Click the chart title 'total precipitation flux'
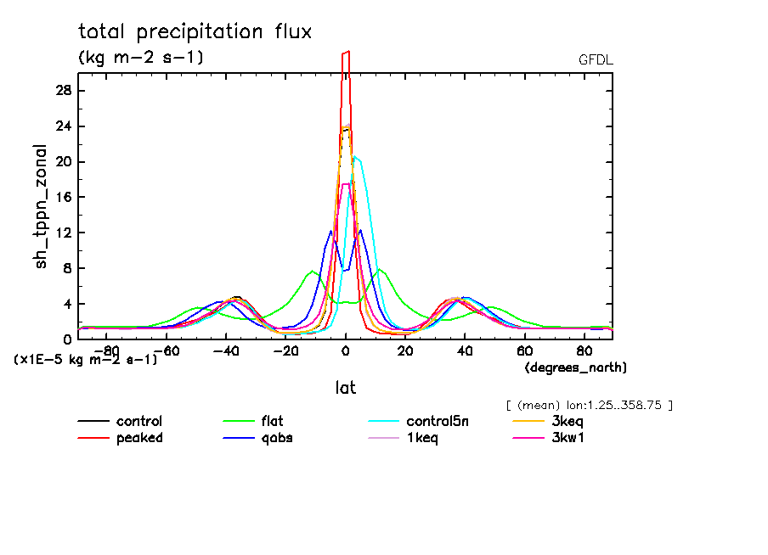coord(195,32)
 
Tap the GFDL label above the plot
coord(596,60)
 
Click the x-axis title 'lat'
coord(345,388)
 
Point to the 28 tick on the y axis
coord(64,91)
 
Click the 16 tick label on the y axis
coord(64,198)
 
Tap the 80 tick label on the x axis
coord(584,350)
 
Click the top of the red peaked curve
coord(346,53)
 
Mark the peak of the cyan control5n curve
coord(355,157)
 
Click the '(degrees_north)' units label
coord(575,367)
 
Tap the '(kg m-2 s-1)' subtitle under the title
coord(141,58)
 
